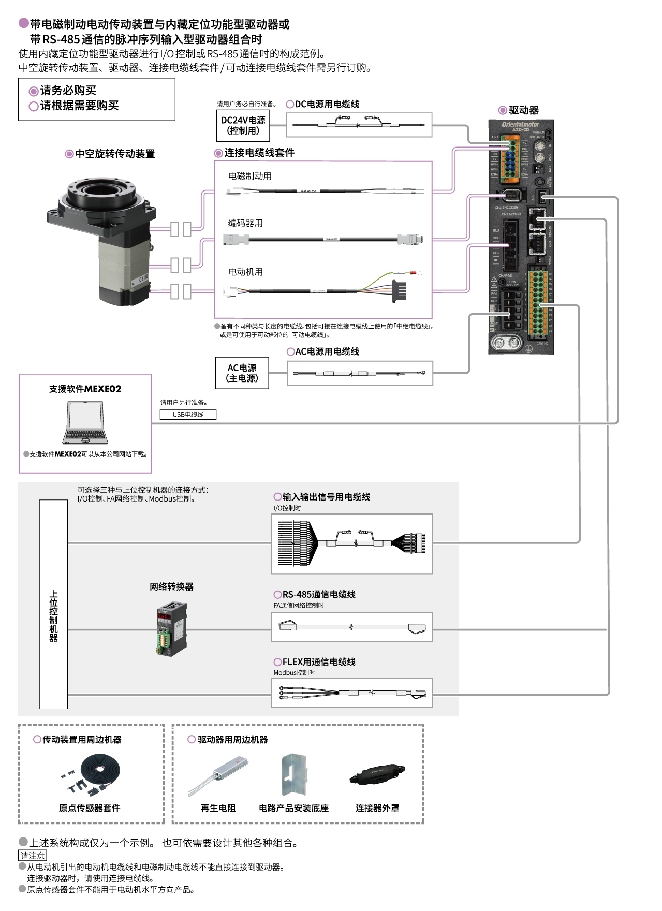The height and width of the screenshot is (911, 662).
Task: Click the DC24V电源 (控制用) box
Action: (243, 126)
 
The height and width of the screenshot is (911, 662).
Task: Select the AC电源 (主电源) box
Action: (242, 373)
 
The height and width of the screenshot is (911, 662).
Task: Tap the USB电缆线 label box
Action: (188, 415)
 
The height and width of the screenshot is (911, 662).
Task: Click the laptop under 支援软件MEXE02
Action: (85, 423)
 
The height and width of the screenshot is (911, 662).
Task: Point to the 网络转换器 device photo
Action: (171, 628)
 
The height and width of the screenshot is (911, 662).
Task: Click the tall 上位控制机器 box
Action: (53, 604)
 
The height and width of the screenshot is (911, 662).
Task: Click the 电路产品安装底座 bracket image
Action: (294, 775)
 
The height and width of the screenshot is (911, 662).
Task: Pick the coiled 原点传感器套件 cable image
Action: (101, 769)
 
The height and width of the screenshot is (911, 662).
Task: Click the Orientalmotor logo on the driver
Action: (520, 124)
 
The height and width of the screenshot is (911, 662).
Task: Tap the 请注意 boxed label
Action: (32, 856)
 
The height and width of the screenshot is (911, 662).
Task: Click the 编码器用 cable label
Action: (245, 223)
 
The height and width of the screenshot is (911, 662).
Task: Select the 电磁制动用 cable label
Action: (250, 176)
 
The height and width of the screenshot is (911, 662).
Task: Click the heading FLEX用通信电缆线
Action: (318, 662)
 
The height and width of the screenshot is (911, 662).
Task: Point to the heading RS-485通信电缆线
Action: (318, 595)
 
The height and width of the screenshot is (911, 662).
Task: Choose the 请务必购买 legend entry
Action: (68, 91)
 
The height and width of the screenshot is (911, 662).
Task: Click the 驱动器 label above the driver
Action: (523, 110)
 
